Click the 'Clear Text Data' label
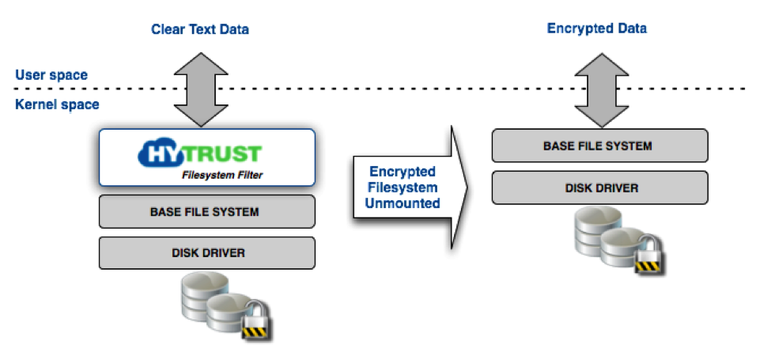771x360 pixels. click(199, 29)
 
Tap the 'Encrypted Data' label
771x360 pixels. click(596, 28)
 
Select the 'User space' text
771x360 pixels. click(51, 75)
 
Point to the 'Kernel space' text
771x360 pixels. click(57, 104)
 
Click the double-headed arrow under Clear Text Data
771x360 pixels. click(201, 89)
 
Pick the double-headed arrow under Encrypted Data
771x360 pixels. click(601, 90)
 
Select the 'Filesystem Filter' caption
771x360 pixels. click(222, 175)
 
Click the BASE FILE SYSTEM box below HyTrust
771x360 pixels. click(207, 211)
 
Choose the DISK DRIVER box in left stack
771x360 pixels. click(207, 252)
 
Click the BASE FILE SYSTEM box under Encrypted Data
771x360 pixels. click(600, 146)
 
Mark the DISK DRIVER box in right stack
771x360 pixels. click(600, 188)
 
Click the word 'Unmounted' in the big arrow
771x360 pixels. click(403, 203)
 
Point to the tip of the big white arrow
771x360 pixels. click(467, 187)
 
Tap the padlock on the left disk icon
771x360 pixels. click(255, 322)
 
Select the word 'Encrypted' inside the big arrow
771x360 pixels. click(403, 172)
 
